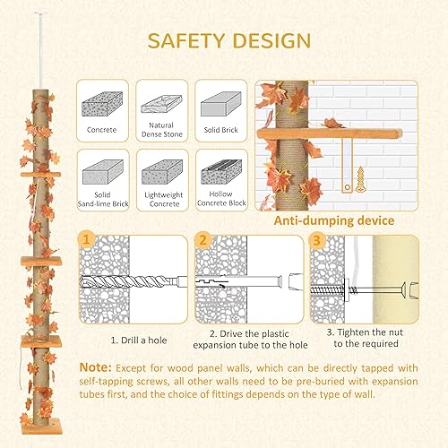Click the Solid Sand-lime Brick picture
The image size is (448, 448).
click(x=100, y=168)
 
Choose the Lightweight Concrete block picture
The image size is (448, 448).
click(x=160, y=168)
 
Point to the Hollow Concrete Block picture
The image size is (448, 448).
click(x=220, y=168)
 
